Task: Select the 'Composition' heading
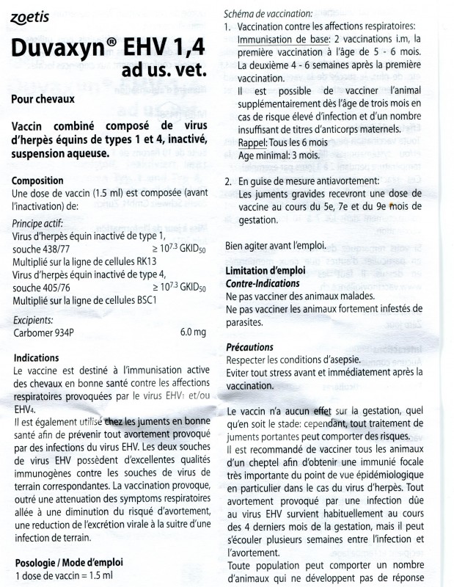click(x=38, y=181)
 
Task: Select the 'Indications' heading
click(x=37, y=359)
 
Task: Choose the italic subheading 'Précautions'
click(x=250, y=347)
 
